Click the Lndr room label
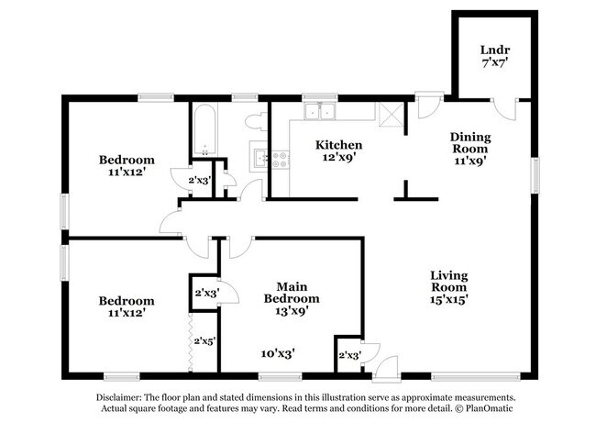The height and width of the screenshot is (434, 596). click(x=495, y=50)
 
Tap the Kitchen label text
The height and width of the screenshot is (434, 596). click(x=338, y=145)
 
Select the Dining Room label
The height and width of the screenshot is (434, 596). click(x=469, y=144)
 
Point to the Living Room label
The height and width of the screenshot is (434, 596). click(x=449, y=283)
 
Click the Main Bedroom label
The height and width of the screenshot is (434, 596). click(x=292, y=292)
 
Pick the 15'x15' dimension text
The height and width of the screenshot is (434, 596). click(x=449, y=302)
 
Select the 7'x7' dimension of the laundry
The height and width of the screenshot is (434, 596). click(x=495, y=64)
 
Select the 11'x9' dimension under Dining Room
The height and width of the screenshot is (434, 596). click(x=469, y=159)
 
